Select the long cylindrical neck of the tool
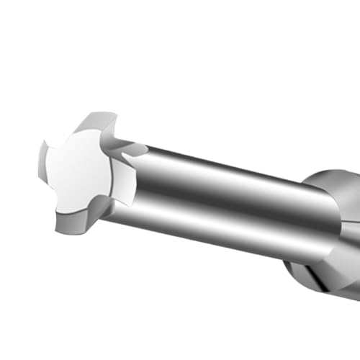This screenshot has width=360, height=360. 230,202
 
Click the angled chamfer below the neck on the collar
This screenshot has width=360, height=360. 310,259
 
